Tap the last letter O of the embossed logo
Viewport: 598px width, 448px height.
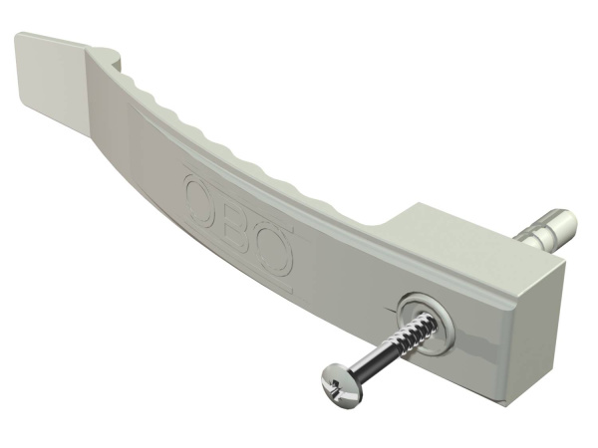276,249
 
